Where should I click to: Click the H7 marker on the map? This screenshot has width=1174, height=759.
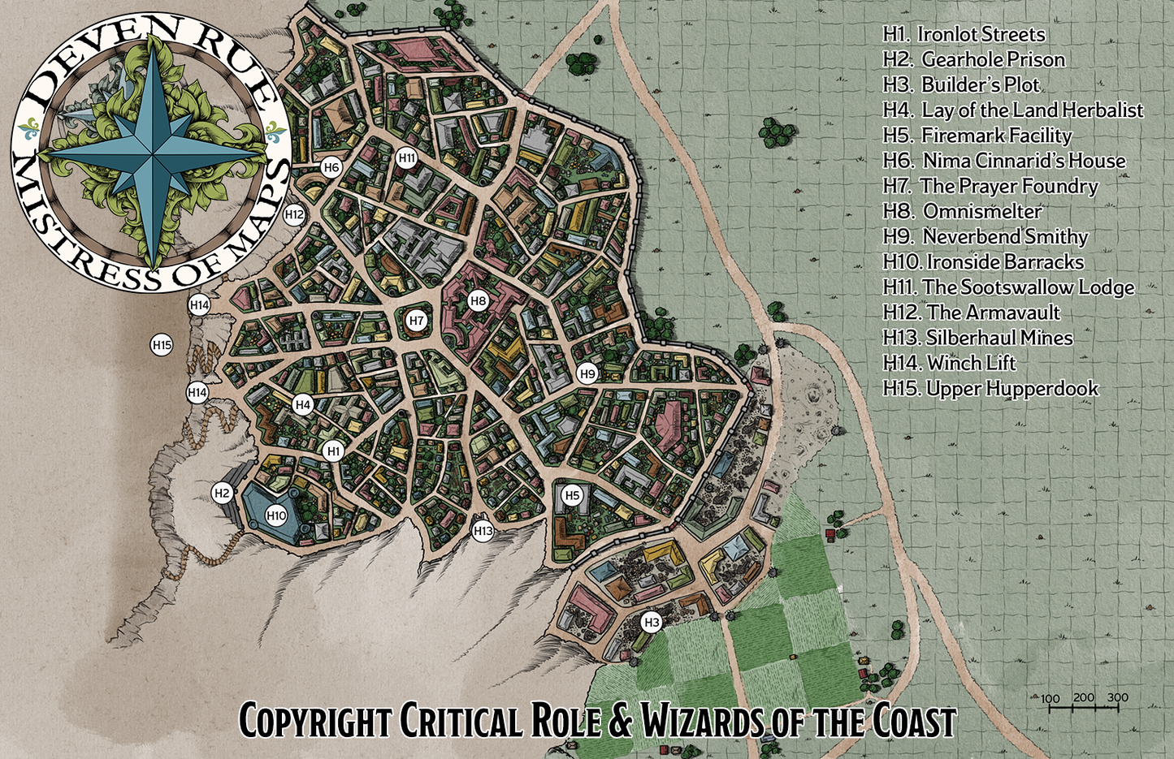[417, 321]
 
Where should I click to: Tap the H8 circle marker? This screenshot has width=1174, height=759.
[478, 301]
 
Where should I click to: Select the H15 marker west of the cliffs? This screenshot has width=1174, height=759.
[162, 345]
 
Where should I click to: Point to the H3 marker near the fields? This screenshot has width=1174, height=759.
[652, 623]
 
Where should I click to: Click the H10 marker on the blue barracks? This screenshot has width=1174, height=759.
[276, 515]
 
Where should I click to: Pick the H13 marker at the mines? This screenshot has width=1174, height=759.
[483, 532]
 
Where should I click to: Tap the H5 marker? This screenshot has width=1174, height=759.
[572, 495]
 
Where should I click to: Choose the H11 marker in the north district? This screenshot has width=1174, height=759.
[407, 157]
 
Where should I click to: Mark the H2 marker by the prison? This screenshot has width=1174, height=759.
[222, 493]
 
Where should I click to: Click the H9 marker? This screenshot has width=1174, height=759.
[587, 374]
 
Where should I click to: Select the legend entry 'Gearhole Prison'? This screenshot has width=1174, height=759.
[993, 59]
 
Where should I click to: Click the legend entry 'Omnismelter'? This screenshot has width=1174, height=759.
[981, 211]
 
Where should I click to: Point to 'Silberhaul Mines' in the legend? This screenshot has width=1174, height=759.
[999, 338]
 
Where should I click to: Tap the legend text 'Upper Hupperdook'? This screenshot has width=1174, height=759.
[1012, 389]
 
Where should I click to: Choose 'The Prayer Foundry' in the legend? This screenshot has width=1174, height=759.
[1008, 186]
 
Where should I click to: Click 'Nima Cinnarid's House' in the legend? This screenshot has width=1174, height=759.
[1024, 161]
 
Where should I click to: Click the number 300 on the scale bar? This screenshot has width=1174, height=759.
[1117, 697]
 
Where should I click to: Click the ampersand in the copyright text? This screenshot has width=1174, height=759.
[620, 720]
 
